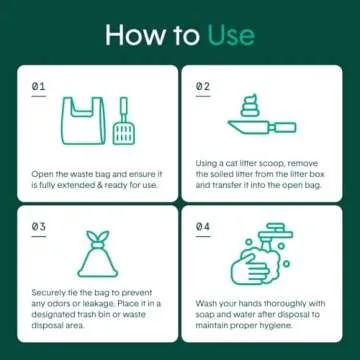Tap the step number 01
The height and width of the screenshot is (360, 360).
[x=39, y=87]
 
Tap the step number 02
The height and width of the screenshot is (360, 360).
[x=202, y=87]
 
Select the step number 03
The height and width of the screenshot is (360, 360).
[x=39, y=227]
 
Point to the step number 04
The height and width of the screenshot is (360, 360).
[x=202, y=227]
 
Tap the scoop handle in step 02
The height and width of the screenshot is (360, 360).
[x=284, y=127]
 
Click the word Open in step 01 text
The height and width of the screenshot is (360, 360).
[x=43, y=173]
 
